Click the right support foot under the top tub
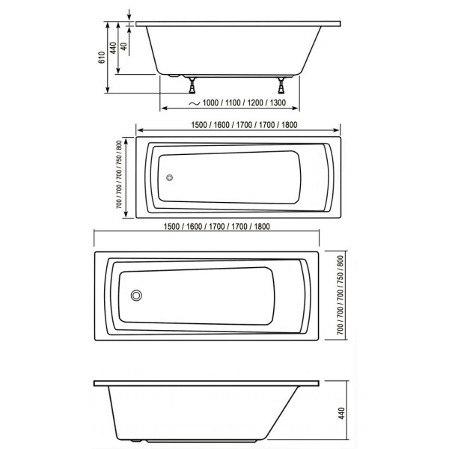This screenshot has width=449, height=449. click(x=283, y=82)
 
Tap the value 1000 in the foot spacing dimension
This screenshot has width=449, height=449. click(x=212, y=103)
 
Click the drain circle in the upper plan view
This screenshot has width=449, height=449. click(x=170, y=178)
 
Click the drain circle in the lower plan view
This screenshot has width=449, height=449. click(x=136, y=295)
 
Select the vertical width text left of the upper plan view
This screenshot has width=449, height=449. click(x=120, y=174)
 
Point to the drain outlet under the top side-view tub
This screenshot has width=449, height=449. click(x=174, y=75)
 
